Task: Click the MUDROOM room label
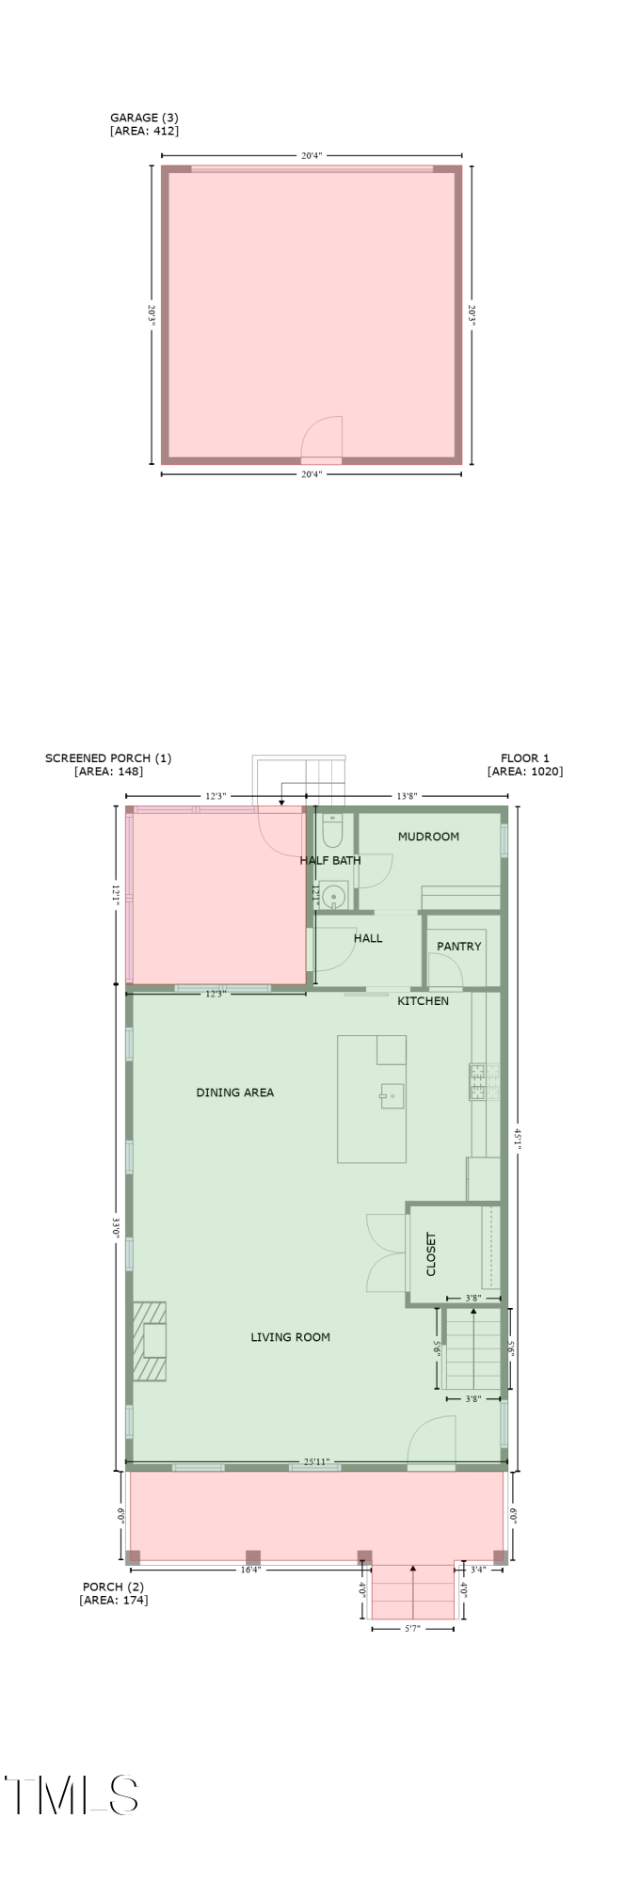428,837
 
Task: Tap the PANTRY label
458,947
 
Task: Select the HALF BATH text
330,860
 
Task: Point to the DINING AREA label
234,1093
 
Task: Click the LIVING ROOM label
290,1337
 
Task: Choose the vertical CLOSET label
431,1254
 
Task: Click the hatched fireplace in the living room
150,1341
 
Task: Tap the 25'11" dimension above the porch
316,1462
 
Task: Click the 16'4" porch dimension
251,1570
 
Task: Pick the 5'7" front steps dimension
412,1628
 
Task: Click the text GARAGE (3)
144,118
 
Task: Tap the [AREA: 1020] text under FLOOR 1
525,772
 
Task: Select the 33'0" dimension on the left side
116,1228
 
